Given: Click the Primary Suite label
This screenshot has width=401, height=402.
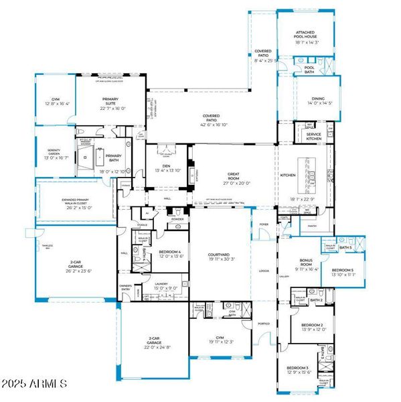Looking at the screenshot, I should coord(110,104).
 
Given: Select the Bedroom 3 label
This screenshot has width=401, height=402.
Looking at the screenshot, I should coord(298,369).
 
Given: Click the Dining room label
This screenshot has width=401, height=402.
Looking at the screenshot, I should coord(317,100).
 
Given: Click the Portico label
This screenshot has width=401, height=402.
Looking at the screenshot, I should coord(264,324).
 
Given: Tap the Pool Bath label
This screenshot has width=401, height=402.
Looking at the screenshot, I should coord(309,68).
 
